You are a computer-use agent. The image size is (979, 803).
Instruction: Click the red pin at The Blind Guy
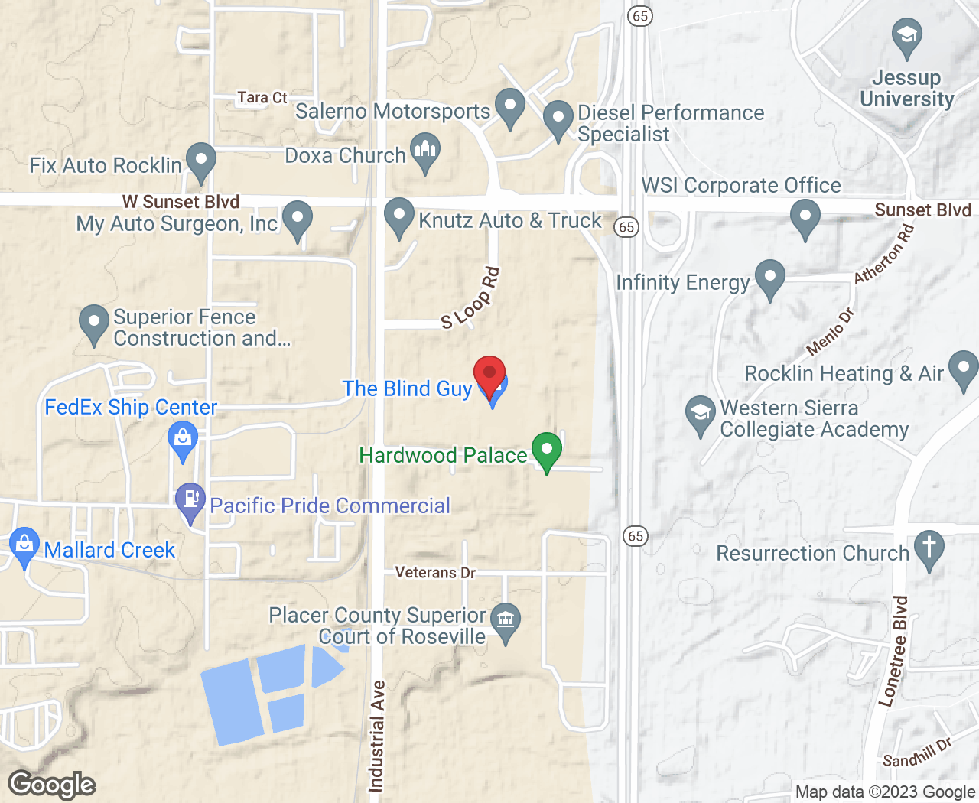[x=489, y=374]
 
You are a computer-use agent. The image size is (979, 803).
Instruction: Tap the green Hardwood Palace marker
[x=547, y=450]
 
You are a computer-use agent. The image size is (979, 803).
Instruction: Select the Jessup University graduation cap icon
[x=907, y=37]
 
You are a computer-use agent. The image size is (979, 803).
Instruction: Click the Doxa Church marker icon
[x=425, y=151]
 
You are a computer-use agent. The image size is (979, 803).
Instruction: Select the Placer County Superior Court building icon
[x=506, y=619]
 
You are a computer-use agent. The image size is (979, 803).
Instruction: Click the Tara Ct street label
[x=262, y=98]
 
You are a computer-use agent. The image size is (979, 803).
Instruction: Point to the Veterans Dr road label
[x=435, y=572]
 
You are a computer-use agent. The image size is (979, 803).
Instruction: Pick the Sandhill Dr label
[x=917, y=753]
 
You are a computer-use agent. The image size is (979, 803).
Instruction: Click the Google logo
[x=52, y=785]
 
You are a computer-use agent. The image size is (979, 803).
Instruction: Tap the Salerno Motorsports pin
[x=510, y=107]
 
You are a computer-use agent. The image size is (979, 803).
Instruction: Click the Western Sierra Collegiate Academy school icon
[x=700, y=414]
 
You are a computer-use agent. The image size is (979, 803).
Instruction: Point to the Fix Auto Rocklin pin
[x=201, y=161]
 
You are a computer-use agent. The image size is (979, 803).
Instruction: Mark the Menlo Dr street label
[x=831, y=332]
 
